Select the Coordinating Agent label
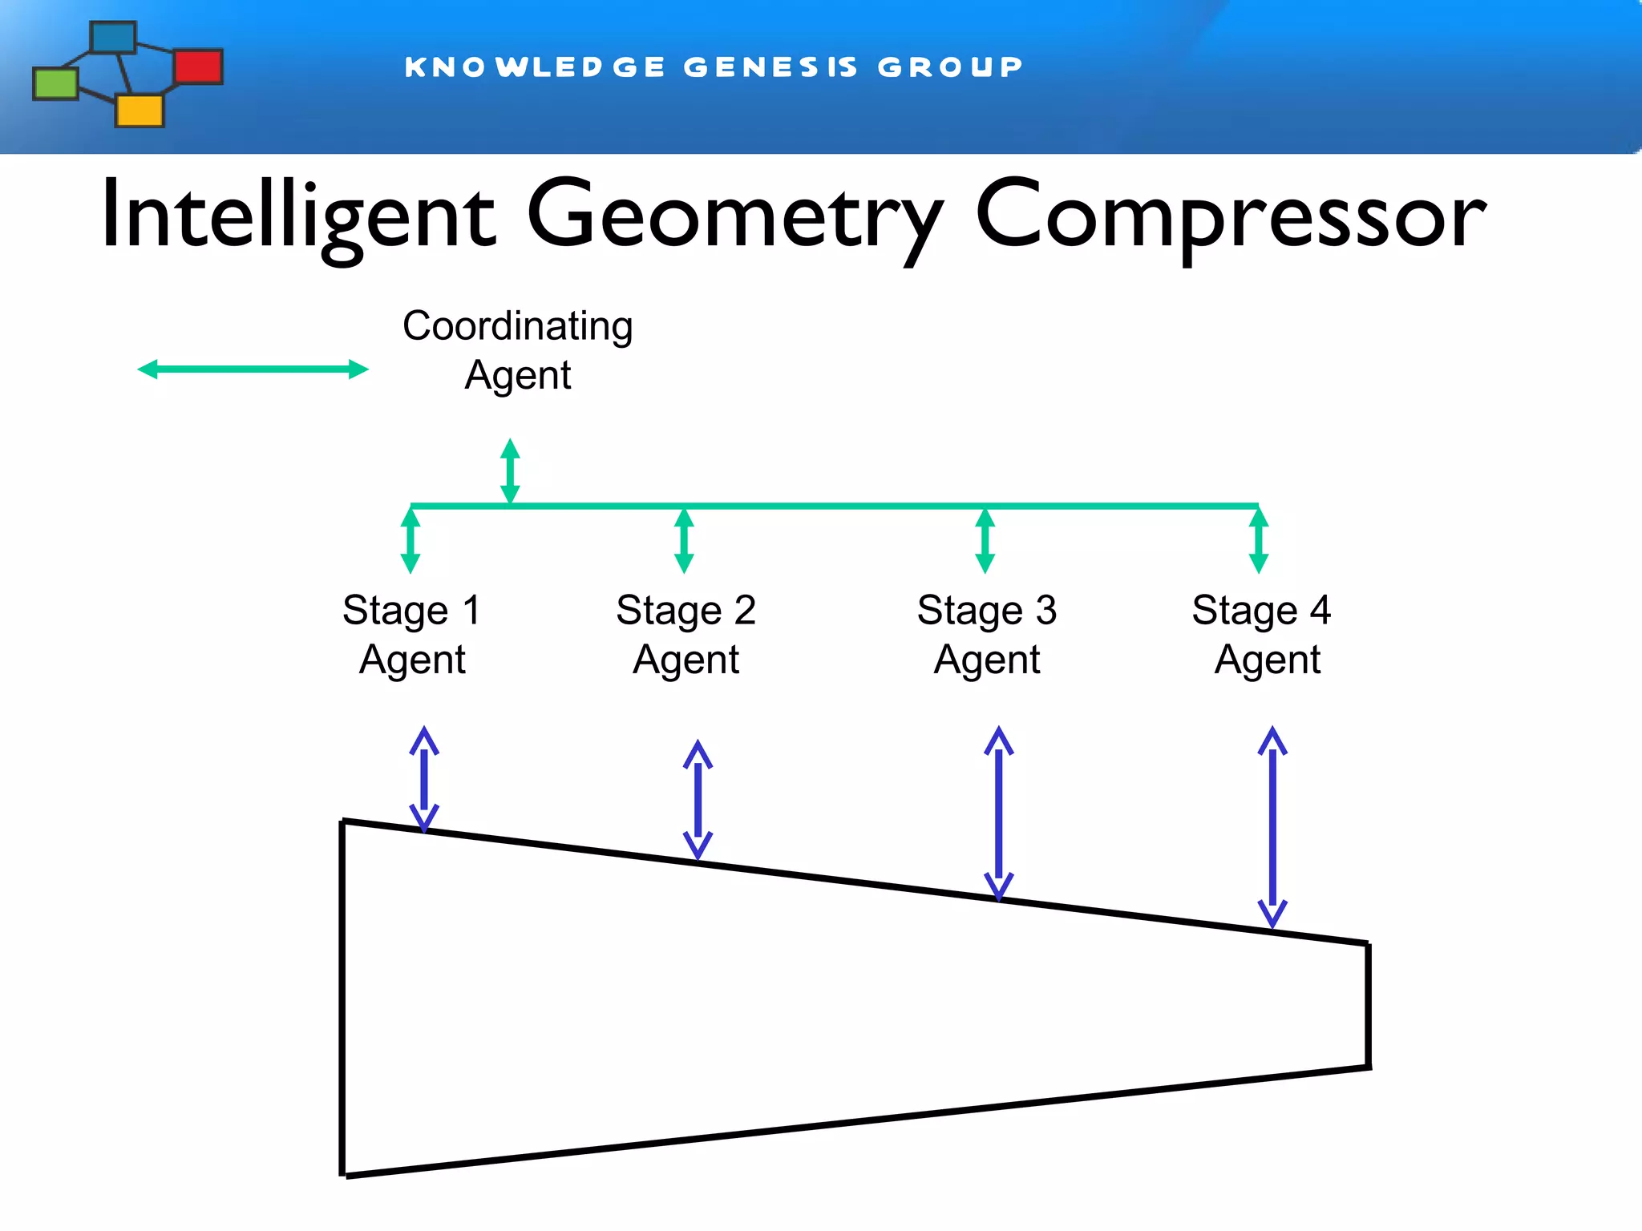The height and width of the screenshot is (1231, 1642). pos(518,350)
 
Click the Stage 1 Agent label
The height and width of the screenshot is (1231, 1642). pos(412,635)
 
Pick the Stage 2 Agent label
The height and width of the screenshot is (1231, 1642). pos(686,635)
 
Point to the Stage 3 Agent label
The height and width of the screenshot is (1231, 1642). pos(987,635)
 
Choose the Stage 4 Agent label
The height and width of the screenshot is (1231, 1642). pos(1262,635)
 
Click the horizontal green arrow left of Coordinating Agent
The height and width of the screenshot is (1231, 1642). pos(253,369)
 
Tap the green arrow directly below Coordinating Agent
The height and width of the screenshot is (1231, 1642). pos(510,471)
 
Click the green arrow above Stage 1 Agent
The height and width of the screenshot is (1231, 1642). pos(410,540)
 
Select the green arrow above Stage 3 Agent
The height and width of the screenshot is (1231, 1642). pos(985,540)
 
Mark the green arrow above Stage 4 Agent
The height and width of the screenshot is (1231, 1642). pos(1259,540)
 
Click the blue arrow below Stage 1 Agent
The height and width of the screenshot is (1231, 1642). pos(424,779)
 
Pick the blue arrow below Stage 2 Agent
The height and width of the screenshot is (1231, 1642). pos(698,800)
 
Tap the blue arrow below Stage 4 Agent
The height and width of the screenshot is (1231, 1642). pos(1272,826)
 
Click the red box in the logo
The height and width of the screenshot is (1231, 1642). pos(198,66)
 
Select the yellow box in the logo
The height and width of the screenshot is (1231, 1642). pos(140,111)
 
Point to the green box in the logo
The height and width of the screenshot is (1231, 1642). pos(55,83)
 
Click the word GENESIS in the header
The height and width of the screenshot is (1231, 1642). pos(770,67)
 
